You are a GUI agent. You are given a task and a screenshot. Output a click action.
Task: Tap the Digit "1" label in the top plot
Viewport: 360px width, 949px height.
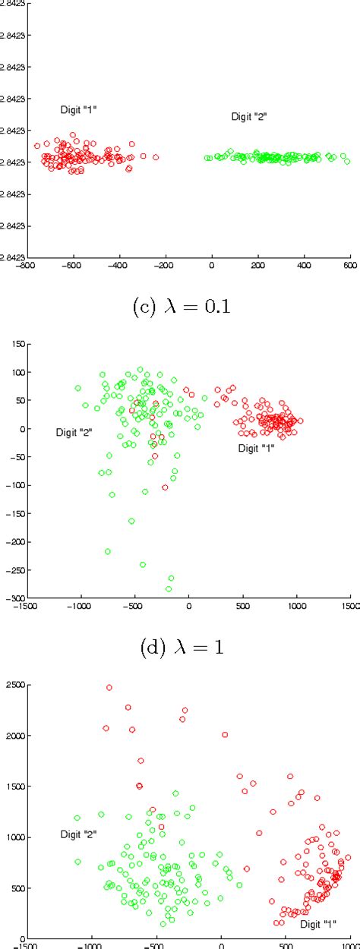point(78,110)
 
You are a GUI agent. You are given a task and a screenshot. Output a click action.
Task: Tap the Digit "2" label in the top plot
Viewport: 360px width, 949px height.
point(249,116)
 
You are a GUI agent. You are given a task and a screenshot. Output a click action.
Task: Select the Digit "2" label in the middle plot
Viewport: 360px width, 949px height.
point(74,432)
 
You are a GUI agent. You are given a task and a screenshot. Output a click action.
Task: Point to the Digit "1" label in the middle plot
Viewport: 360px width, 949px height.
point(256,448)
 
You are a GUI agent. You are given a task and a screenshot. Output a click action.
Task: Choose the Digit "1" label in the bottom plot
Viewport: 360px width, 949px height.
point(318,924)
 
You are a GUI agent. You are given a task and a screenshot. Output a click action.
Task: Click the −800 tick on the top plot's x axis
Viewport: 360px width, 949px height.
point(27,266)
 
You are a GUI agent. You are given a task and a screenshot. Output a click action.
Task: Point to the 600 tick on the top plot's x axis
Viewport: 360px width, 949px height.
point(350,266)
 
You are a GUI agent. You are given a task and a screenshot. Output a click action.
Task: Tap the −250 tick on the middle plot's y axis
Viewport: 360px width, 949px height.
point(13,570)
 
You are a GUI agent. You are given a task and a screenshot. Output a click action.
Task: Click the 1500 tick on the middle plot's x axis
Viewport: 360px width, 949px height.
point(349,607)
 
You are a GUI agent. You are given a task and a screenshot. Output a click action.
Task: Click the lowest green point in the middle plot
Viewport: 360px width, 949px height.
point(169,588)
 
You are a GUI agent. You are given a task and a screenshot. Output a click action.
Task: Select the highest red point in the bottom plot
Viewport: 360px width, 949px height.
point(109,687)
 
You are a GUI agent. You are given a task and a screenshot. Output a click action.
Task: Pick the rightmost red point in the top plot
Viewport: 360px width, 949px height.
point(156,157)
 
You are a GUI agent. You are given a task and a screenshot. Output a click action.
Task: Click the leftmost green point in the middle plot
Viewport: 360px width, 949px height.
point(77,388)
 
